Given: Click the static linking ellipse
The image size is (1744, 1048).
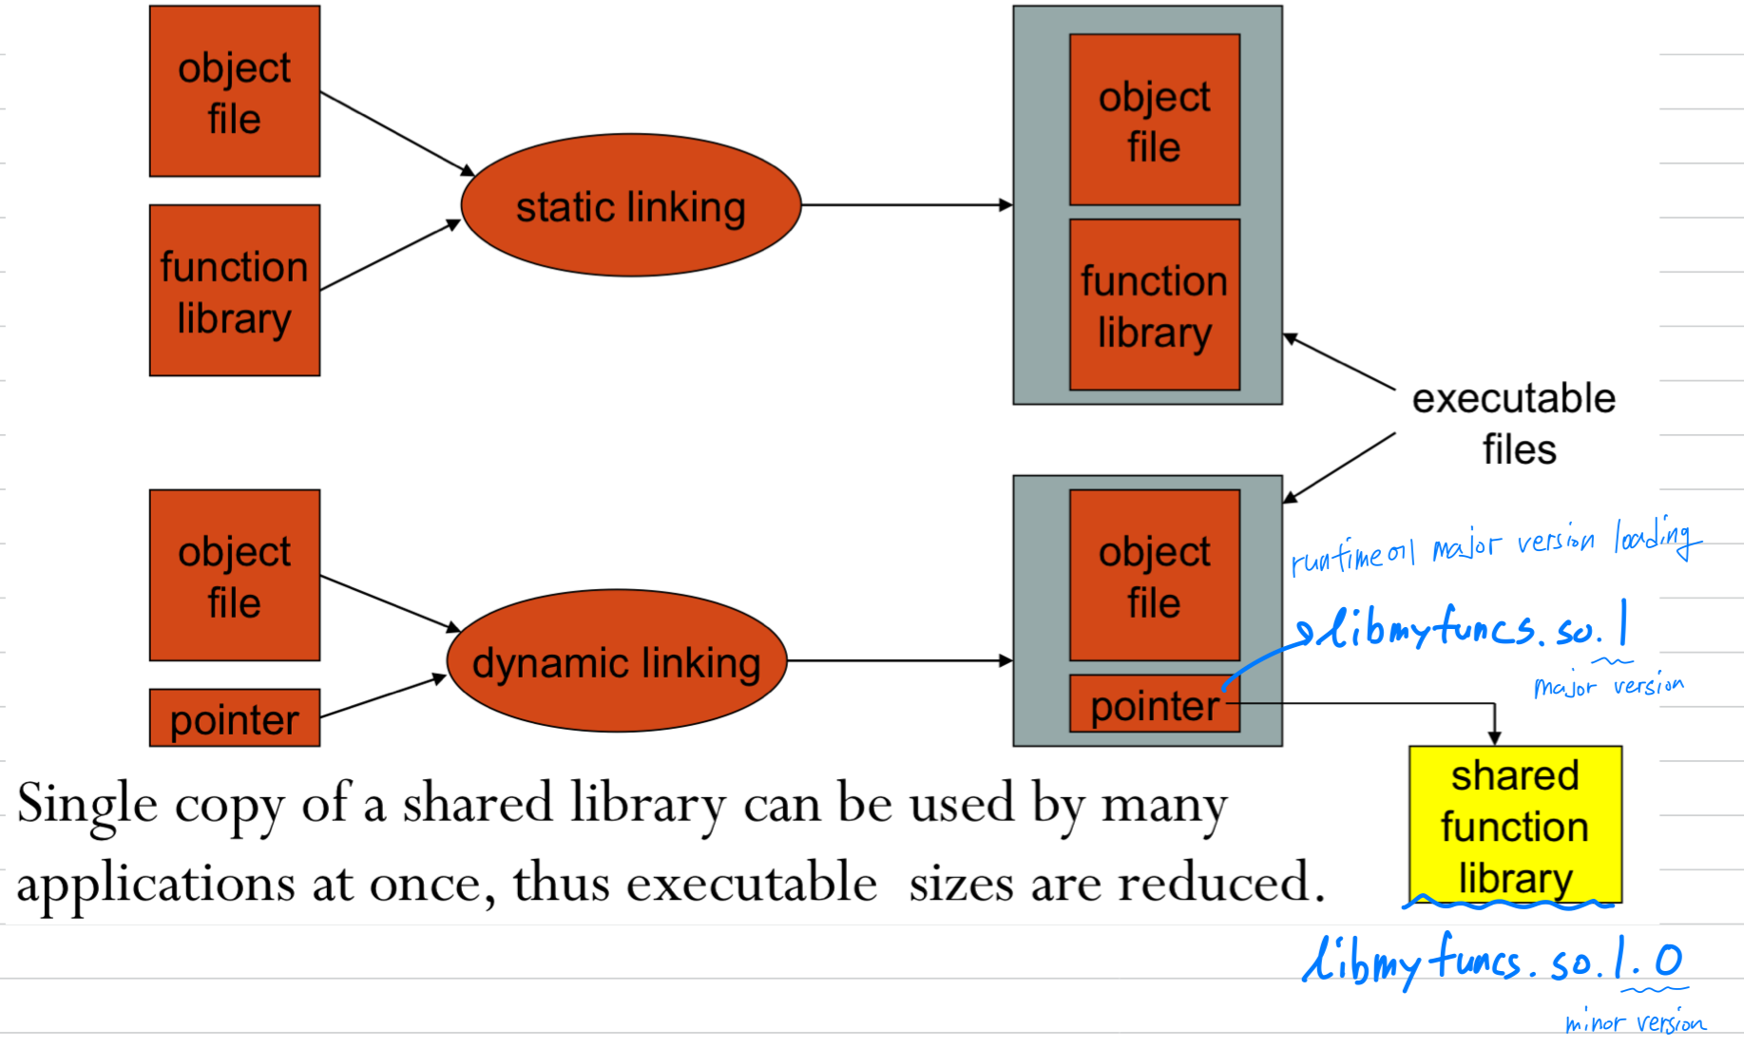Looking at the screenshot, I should click(630, 205).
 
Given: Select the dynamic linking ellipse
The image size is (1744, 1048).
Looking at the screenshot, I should click(617, 661).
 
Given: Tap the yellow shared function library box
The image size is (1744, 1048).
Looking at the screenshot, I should click(1515, 825).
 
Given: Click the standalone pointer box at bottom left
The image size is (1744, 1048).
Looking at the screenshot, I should click(235, 718).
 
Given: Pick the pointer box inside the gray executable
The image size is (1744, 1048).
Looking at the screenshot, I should click(1154, 705).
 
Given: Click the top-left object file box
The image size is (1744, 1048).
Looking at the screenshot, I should click(235, 91).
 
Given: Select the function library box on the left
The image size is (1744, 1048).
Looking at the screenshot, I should click(235, 291).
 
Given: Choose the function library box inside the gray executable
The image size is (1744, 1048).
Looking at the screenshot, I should click(1154, 305).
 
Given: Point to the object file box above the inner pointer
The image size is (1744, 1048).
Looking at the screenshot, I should click(1154, 576).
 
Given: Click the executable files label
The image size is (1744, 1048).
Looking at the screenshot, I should click(1515, 423).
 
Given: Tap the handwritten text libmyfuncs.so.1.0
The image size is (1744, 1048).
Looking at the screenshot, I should click(1492, 962).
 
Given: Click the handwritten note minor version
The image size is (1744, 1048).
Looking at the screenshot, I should click(1635, 1023).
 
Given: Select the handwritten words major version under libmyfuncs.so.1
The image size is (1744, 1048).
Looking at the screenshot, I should click(1608, 685).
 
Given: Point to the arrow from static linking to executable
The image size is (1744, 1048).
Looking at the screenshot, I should click(907, 205).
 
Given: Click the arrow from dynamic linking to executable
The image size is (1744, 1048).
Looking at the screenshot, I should click(899, 660).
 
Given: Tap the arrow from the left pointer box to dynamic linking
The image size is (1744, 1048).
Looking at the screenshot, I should click(383, 696).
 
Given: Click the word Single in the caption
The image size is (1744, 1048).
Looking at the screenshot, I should click(86, 804).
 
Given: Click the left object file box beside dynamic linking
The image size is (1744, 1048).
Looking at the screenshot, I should click(235, 576).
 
